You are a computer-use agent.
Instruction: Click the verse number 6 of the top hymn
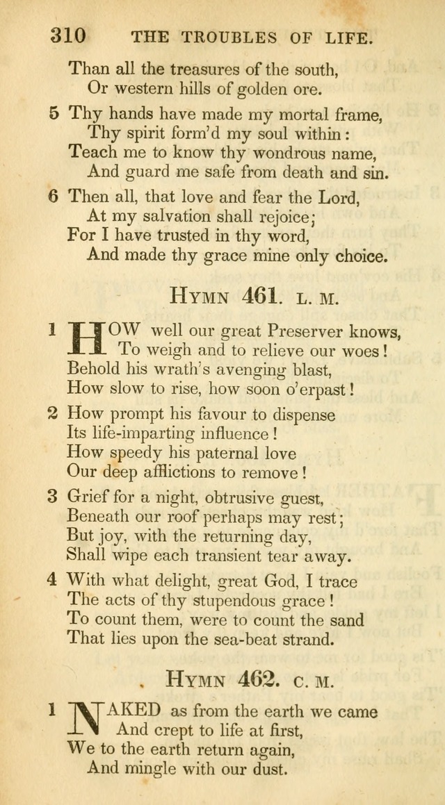[54, 197]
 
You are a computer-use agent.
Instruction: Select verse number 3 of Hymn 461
[53, 497]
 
